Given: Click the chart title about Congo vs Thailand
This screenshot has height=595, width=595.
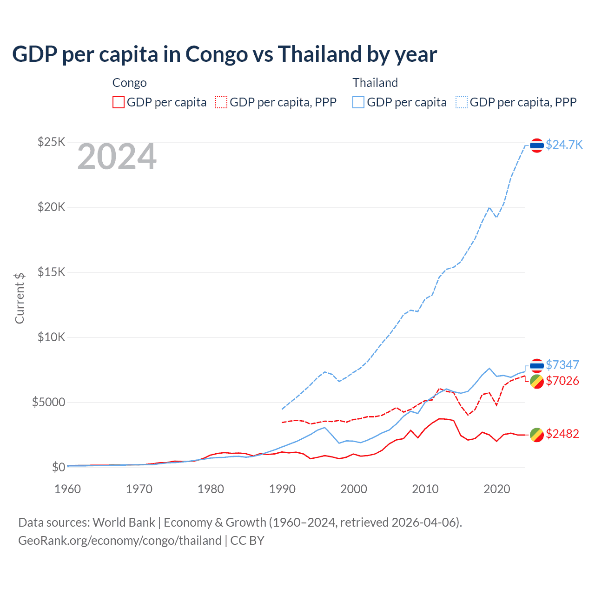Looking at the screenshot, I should pyautogui.click(x=224, y=54).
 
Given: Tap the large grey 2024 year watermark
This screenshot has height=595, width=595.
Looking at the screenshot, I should pyautogui.click(x=117, y=157).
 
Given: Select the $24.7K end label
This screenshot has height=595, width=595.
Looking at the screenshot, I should pyautogui.click(x=564, y=145).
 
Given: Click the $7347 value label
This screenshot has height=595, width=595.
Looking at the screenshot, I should pyautogui.click(x=562, y=365).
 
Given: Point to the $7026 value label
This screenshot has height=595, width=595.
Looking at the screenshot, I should pyautogui.click(x=562, y=381).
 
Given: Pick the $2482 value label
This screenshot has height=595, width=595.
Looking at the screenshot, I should pyautogui.click(x=562, y=434).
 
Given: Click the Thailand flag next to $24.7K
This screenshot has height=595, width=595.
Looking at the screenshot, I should pyautogui.click(x=537, y=145).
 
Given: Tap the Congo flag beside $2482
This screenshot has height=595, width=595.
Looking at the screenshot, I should pyautogui.click(x=537, y=435).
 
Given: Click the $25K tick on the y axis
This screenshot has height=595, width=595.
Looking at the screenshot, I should pyautogui.click(x=51, y=142).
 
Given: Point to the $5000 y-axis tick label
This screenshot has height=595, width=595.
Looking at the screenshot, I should pyautogui.click(x=48, y=402).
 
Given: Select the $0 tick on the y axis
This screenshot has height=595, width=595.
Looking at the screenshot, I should pyautogui.click(x=58, y=467).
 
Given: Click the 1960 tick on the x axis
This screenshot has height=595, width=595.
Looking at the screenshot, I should pyautogui.click(x=68, y=489).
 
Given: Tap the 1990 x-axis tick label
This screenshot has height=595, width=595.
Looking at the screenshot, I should pyautogui.click(x=282, y=489).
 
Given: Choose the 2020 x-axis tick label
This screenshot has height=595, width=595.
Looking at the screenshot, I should pyautogui.click(x=497, y=489).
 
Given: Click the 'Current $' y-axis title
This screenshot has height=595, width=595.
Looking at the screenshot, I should pyautogui.click(x=20, y=298).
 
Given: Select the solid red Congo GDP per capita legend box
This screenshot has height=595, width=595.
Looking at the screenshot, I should pyautogui.click(x=119, y=102).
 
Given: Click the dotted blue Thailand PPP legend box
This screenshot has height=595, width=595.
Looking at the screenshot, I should pyautogui.click(x=462, y=102).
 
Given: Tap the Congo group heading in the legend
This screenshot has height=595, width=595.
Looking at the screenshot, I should pyautogui.click(x=129, y=83).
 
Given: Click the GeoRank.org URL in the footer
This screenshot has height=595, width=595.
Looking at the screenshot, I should pyautogui.click(x=120, y=541).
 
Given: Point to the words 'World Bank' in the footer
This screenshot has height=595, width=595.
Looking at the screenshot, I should pyautogui.click(x=124, y=522).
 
